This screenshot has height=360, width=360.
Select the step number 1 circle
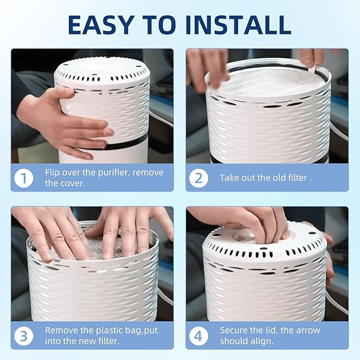(23, 178)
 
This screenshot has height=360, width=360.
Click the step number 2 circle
(198, 178)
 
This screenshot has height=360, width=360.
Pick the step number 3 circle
(23, 335)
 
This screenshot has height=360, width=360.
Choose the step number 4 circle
(198, 335)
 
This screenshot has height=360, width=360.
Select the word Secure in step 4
(234, 330)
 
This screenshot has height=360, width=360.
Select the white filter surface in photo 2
(270, 85)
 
